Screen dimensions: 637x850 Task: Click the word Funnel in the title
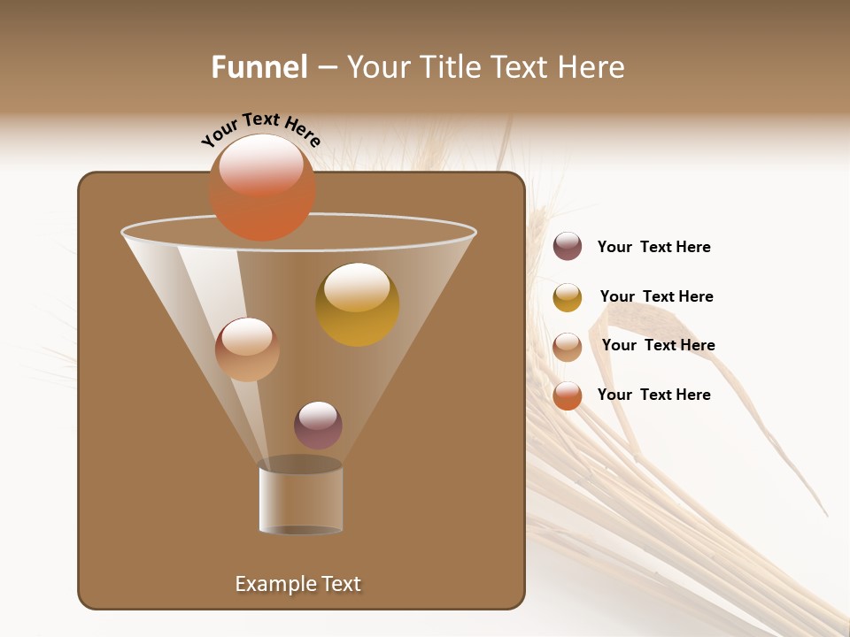pyautogui.click(x=259, y=67)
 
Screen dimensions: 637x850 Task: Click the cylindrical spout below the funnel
pyautogui.click(x=300, y=500)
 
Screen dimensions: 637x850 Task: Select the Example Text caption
pyautogui.click(x=298, y=584)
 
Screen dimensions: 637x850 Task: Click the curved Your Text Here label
pyautogui.click(x=260, y=128)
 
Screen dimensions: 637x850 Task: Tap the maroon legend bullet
pyautogui.click(x=568, y=247)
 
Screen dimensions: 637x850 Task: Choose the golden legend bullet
pyautogui.click(x=568, y=297)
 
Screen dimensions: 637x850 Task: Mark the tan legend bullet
pyautogui.click(x=568, y=347)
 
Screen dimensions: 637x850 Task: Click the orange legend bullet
pyautogui.click(x=568, y=395)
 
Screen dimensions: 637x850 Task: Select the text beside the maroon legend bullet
pyautogui.click(x=653, y=247)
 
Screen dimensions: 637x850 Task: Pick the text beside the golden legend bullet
pyautogui.click(x=656, y=296)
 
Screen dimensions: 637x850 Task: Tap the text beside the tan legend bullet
pyautogui.click(x=658, y=345)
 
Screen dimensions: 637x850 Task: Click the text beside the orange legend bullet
pyautogui.click(x=653, y=395)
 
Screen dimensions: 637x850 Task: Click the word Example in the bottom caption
pyautogui.click(x=272, y=584)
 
